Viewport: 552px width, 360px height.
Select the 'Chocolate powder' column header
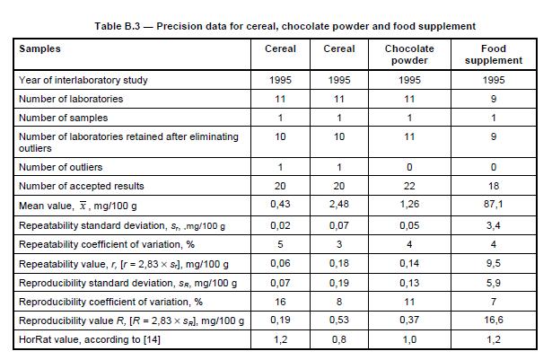point(409,55)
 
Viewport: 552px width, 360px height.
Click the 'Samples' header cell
point(40,48)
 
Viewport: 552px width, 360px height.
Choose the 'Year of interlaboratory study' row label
point(83,80)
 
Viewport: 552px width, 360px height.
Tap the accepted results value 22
point(409,186)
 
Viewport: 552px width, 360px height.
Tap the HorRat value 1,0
point(409,339)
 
